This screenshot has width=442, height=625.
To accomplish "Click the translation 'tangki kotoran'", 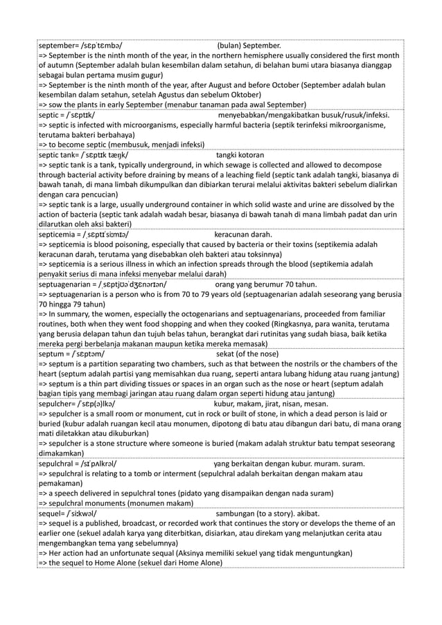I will click(x=240, y=156).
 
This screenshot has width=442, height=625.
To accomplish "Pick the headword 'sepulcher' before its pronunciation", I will click(x=57, y=403).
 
